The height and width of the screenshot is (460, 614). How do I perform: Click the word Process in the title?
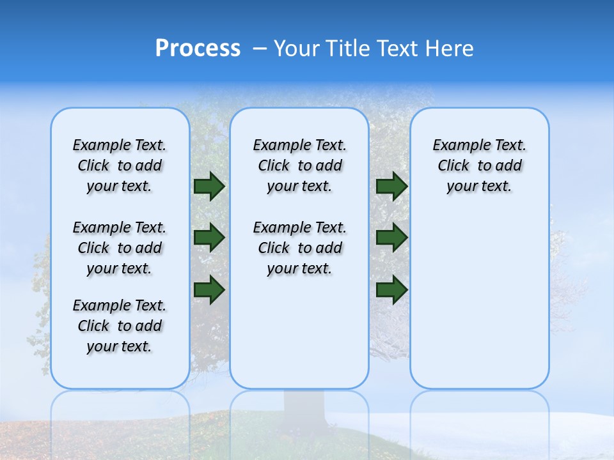click(198, 49)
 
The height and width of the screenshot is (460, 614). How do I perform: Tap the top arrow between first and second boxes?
click(209, 186)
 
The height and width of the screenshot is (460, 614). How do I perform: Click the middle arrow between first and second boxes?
click(209, 238)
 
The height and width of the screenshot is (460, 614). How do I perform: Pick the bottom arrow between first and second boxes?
click(209, 290)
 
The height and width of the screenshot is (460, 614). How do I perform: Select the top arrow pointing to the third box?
click(391, 186)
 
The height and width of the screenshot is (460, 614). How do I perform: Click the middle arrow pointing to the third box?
click(391, 238)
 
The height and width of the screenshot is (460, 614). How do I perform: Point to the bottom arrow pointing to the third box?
click(391, 290)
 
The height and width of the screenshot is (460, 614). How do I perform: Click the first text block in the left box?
click(120, 165)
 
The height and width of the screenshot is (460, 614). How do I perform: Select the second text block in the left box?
click(120, 248)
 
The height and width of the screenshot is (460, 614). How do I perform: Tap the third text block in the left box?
click(120, 326)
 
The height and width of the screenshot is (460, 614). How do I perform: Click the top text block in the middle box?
click(299, 165)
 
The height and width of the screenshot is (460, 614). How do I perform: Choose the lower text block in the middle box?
click(299, 248)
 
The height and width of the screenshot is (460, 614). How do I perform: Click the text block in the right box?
click(479, 165)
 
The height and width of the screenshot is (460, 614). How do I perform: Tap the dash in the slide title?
click(260, 49)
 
